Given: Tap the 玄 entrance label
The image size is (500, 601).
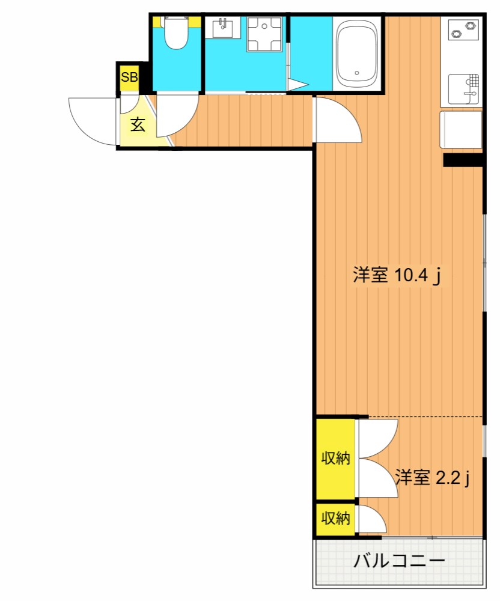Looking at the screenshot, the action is pos(138,124).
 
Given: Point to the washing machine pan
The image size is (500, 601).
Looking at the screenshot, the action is pos(264,34).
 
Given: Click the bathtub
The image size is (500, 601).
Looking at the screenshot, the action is pos(357,53).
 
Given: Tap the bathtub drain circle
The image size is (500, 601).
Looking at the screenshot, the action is pos(357,73).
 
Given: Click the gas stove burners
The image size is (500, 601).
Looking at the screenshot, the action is pos(463,30).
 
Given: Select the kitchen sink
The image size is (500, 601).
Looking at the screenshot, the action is pos(463,89).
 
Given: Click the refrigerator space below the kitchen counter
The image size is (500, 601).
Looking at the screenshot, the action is pos(460,130).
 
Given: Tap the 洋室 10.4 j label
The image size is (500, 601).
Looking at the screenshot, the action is pos(397,275).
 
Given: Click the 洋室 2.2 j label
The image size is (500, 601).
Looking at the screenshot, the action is pos(433,478).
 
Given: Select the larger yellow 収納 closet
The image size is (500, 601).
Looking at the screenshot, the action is pos(335,459).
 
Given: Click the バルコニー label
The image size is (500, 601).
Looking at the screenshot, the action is pos(399,561).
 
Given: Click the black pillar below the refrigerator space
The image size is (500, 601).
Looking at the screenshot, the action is pos(463,160).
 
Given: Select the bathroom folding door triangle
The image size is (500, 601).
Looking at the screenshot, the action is pos(297,85).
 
